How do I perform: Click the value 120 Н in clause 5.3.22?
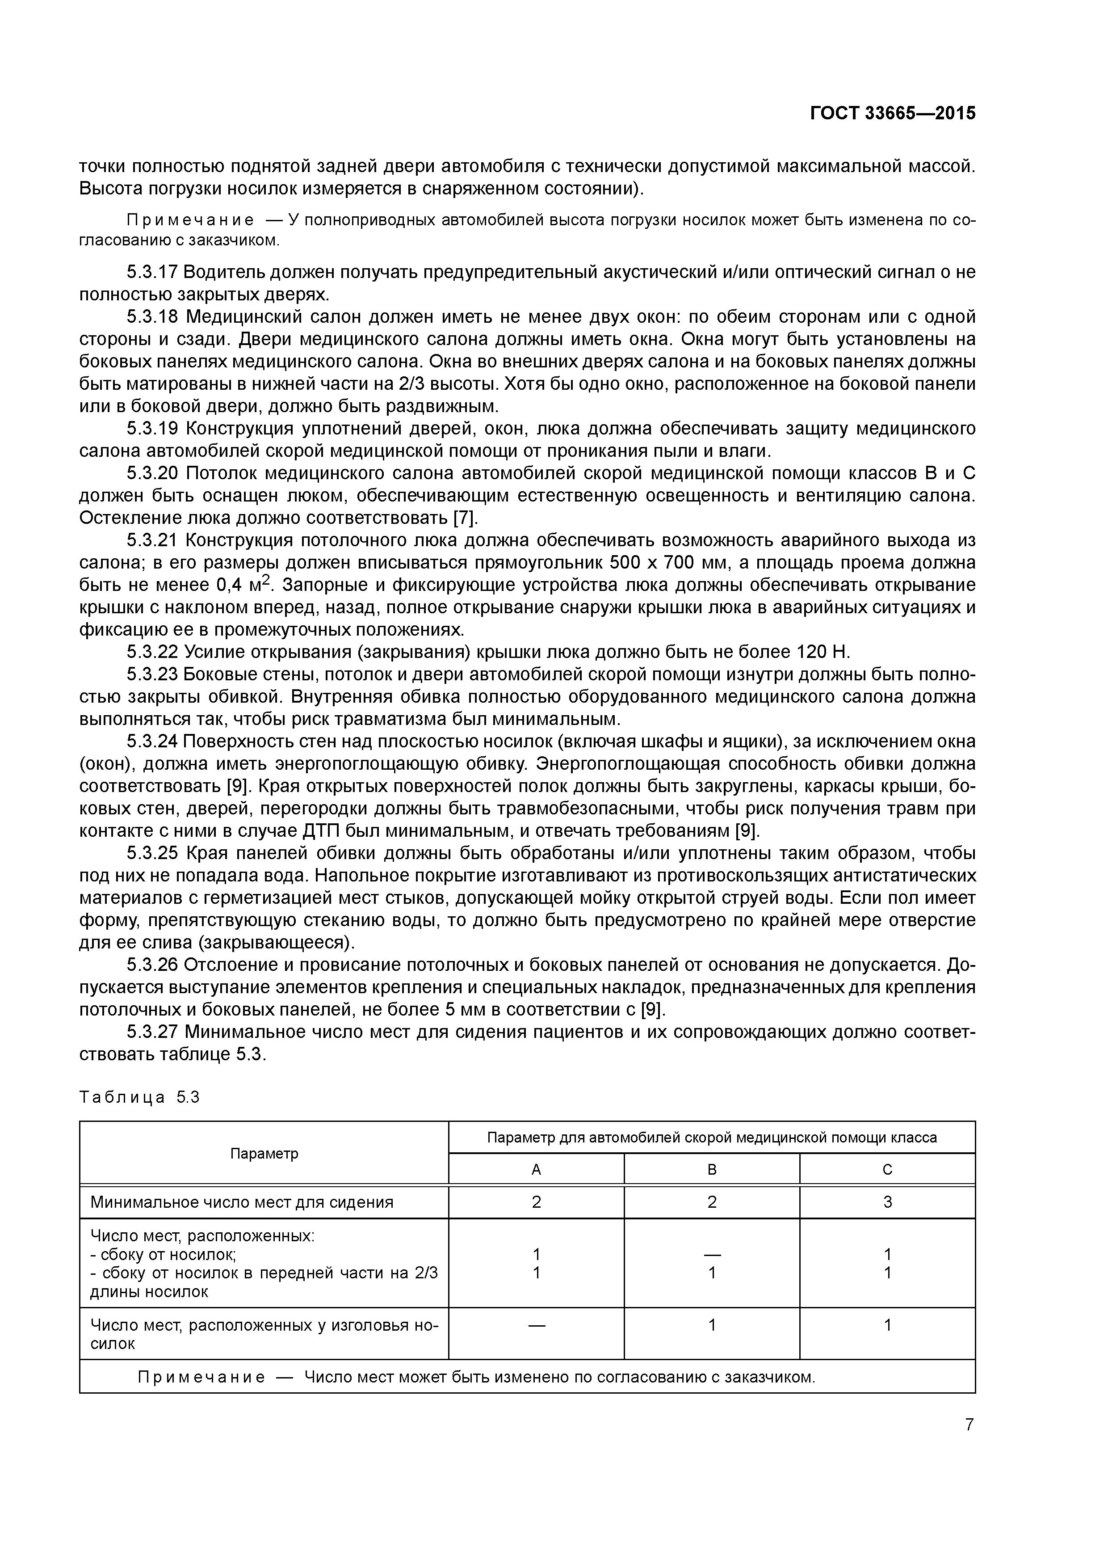(822, 652)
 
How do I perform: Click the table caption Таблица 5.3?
(139, 1097)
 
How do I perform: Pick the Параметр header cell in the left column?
(264, 1154)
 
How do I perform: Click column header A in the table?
(536, 1170)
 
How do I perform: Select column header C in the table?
(887, 1170)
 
